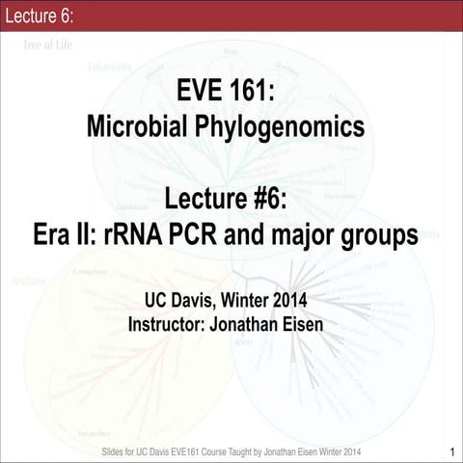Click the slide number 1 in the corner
(x=450, y=450)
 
